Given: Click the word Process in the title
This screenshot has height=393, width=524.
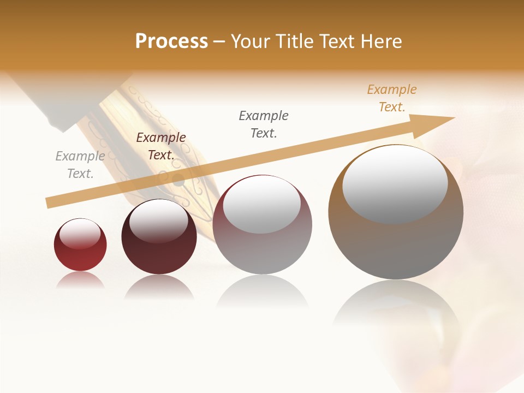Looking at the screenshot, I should click(171, 41).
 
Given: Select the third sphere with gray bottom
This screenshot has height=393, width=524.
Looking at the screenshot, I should click(263, 251).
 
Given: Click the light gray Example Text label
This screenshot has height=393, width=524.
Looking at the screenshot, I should click(80, 165).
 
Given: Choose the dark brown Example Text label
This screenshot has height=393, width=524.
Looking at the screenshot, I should click(161, 146).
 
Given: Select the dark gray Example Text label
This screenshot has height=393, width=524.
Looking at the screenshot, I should click(264, 124).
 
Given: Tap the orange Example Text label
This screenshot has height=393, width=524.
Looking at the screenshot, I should click(392, 98).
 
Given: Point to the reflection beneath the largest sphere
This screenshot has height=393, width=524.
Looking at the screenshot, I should click(396, 306).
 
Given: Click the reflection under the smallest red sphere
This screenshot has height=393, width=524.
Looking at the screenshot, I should click(80, 280).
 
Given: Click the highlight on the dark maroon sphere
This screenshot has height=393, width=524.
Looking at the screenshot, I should click(159, 221).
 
